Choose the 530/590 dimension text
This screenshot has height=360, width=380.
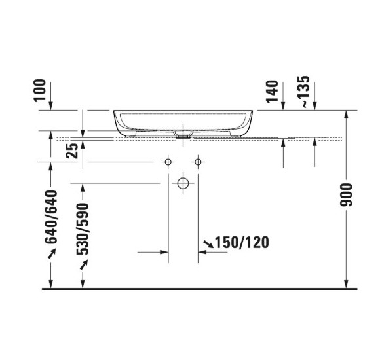[x=83, y=226]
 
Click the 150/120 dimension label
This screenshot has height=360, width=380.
[x=242, y=243]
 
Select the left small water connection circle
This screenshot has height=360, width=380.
[x=168, y=161]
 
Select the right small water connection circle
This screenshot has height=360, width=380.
[x=197, y=161]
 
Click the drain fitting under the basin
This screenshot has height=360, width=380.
[x=183, y=132]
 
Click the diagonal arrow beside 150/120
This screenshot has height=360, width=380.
[x=208, y=244]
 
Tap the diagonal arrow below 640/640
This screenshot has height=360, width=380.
[x=50, y=255]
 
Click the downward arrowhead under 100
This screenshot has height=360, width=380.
[x=52, y=107]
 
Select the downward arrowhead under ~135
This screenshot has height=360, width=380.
[x=315, y=107]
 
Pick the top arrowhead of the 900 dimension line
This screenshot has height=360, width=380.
[x=346, y=114]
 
